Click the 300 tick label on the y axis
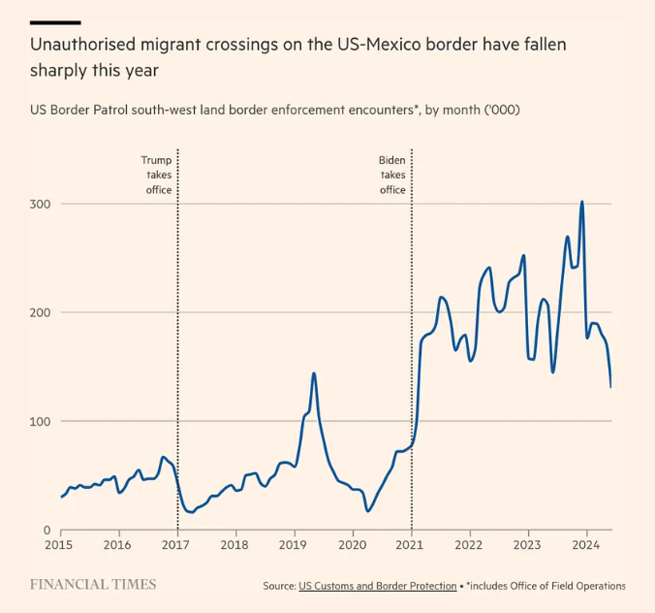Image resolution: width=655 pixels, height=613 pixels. [40, 204]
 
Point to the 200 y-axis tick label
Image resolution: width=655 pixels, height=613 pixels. [40, 312]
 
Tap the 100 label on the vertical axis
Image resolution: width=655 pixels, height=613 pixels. [40, 421]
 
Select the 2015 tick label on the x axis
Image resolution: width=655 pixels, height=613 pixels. [60, 546]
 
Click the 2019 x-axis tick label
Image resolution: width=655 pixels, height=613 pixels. [294, 546]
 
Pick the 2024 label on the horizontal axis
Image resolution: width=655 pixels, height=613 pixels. [586, 546]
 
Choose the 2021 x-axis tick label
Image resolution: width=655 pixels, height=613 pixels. [411, 546]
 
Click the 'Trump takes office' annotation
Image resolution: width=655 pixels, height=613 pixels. [157, 175]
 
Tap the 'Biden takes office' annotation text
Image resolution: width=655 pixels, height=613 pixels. [392, 175]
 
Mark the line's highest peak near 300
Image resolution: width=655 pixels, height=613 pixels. [581, 202]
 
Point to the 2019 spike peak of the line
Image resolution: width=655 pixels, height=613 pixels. [314, 372]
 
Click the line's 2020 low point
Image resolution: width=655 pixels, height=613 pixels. [368, 510]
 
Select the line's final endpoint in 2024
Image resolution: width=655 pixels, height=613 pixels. [610, 387]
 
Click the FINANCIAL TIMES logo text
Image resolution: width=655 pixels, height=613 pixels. [93, 585]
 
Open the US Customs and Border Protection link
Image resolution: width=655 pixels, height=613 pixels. [377, 586]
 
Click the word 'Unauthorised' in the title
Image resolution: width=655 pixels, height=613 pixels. [88, 45]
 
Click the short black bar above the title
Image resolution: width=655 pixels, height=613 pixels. [55, 21]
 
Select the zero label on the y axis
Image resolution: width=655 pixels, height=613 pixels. [45, 530]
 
